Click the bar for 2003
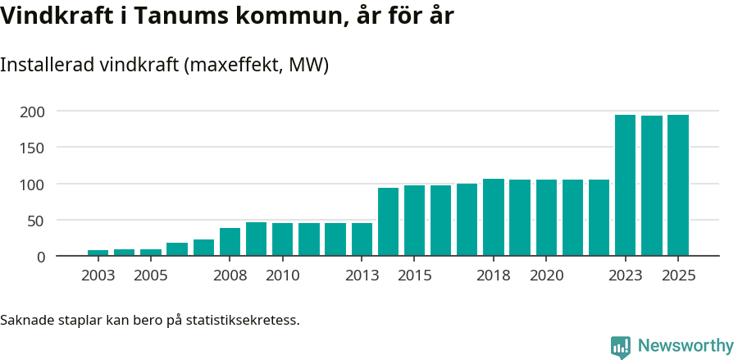tap(98, 253)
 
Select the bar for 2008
tap(230, 242)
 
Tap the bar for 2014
tap(388, 222)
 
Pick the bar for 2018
tap(494, 217)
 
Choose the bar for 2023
tap(625, 185)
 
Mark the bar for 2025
tap(678, 185)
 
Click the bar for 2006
tap(177, 249)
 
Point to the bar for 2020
tap(546, 218)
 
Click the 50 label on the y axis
tap(37, 221)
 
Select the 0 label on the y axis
tap(41, 257)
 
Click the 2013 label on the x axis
tap(362, 276)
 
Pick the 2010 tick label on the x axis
tap(282, 276)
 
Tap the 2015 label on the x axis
tap(414, 276)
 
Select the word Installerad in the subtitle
tap(47, 65)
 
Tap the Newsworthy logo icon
tap(621, 347)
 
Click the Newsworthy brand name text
tap(685, 346)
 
